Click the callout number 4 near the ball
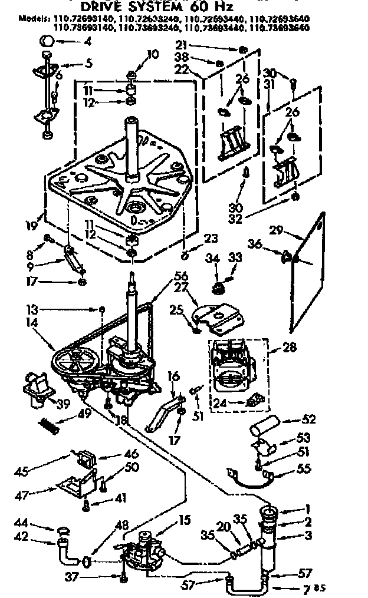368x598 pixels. pyautogui.click(x=88, y=41)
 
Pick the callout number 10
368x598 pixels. pyautogui.click(x=153, y=55)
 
